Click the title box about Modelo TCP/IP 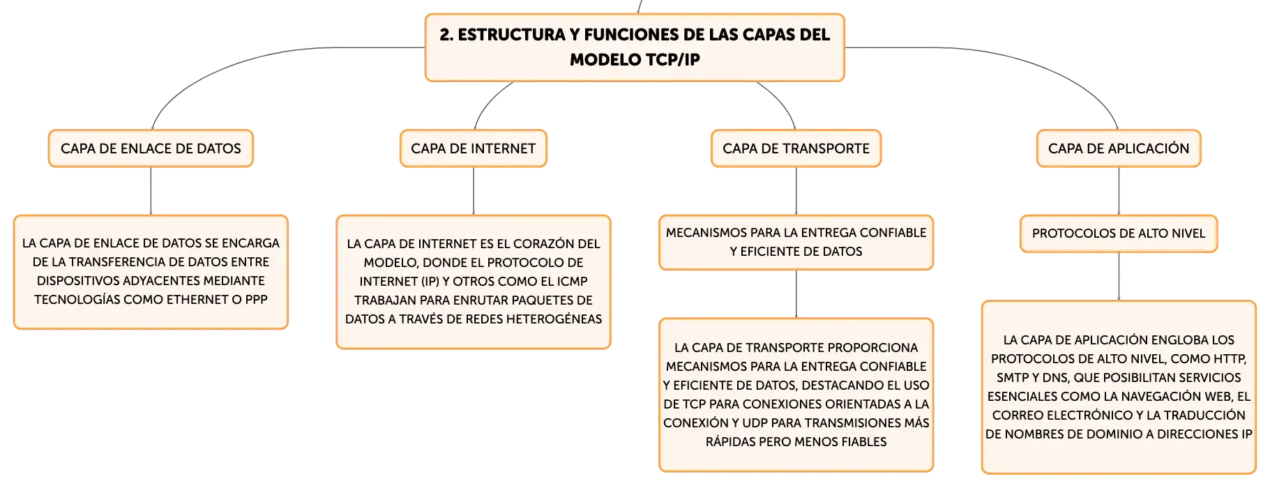(x=635, y=47)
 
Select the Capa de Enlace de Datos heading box (x=151, y=148)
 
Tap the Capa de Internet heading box (x=474, y=148)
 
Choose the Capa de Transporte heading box (x=796, y=148)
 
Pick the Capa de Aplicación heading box (x=1119, y=148)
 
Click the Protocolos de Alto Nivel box (x=1119, y=234)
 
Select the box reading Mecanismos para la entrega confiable (x=796, y=242)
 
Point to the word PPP (x=257, y=300)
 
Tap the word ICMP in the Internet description (x=571, y=282)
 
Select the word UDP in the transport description (x=755, y=423)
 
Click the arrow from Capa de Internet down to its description (x=474, y=191)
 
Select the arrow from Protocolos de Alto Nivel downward (x=1119, y=277)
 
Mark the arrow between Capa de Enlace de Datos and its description (x=151, y=191)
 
